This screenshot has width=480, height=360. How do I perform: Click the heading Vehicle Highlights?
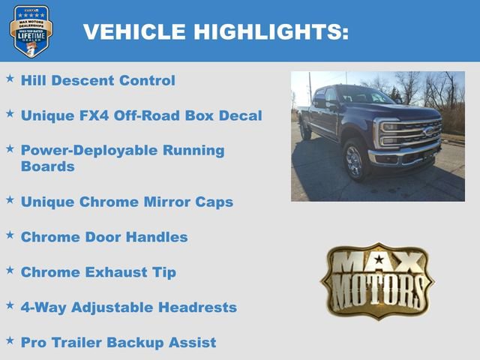[x=216, y=31]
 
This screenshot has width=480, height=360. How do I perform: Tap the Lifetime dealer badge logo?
[x=31, y=31]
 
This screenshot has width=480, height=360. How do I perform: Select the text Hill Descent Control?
[x=97, y=80]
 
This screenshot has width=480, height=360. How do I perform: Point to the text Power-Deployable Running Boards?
[x=122, y=157]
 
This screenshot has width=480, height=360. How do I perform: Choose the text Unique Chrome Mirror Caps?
[x=127, y=202]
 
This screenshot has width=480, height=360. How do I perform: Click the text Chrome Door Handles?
[x=104, y=237]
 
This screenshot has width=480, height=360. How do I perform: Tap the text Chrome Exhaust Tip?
[x=98, y=272]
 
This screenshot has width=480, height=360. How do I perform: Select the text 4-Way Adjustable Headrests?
[x=128, y=307]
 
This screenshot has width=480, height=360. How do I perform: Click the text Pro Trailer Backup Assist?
[x=118, y=343]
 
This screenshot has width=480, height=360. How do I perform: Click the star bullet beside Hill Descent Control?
[x=10, y=78]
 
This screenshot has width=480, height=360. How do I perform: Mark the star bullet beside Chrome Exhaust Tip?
[x=10, y=270]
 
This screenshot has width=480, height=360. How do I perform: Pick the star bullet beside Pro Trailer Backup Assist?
[x=10, y=340]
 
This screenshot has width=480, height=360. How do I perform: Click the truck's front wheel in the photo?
[x=354, y=160]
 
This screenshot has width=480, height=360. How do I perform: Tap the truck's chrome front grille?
[x=411, y=136]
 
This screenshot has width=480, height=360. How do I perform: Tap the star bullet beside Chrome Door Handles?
[x=10, y=235]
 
